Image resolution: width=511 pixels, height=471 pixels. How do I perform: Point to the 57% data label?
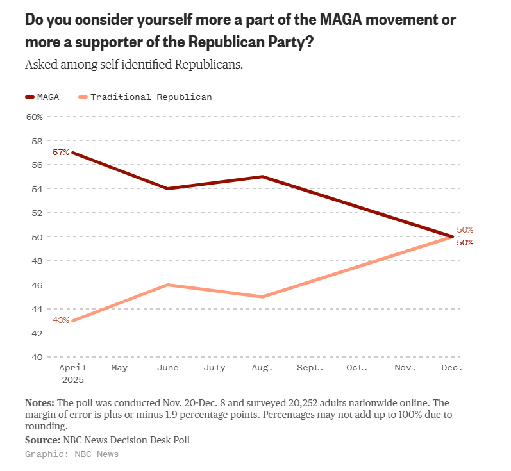61,153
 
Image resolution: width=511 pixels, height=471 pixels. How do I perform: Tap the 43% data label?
61,320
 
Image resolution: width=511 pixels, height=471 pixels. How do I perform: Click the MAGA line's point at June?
167,188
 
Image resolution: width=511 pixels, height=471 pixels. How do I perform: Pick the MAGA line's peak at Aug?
263,176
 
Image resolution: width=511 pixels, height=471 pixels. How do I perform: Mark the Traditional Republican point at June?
167,285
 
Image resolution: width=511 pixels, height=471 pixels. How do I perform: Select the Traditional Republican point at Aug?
263,297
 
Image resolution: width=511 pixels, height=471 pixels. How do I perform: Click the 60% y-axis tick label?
34,117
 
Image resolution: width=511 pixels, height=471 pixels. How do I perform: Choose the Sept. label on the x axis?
310,368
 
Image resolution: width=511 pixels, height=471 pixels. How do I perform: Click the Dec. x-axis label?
452,368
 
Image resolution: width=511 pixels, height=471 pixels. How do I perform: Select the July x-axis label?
214,368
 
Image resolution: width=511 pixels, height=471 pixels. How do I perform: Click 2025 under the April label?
72,379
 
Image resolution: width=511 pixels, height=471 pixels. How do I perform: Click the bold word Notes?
40,403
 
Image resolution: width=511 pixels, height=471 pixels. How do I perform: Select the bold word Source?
42,440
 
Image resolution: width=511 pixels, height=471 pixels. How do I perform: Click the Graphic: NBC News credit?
72,454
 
